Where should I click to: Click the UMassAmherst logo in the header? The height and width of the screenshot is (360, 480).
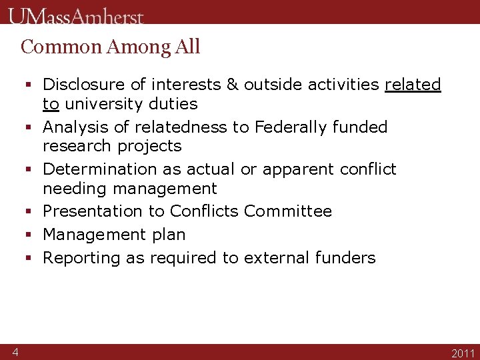76,15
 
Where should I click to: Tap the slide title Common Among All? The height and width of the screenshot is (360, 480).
111,47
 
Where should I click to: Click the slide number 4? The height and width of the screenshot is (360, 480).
15,352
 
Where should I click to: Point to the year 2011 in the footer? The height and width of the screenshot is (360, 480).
463,353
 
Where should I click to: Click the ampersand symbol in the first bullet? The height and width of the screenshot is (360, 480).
233,85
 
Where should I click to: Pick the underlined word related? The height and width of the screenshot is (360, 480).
413,85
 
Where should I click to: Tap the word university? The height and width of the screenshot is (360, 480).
99,104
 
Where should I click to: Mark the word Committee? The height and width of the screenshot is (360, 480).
288,211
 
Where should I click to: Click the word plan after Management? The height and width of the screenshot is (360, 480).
169,235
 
